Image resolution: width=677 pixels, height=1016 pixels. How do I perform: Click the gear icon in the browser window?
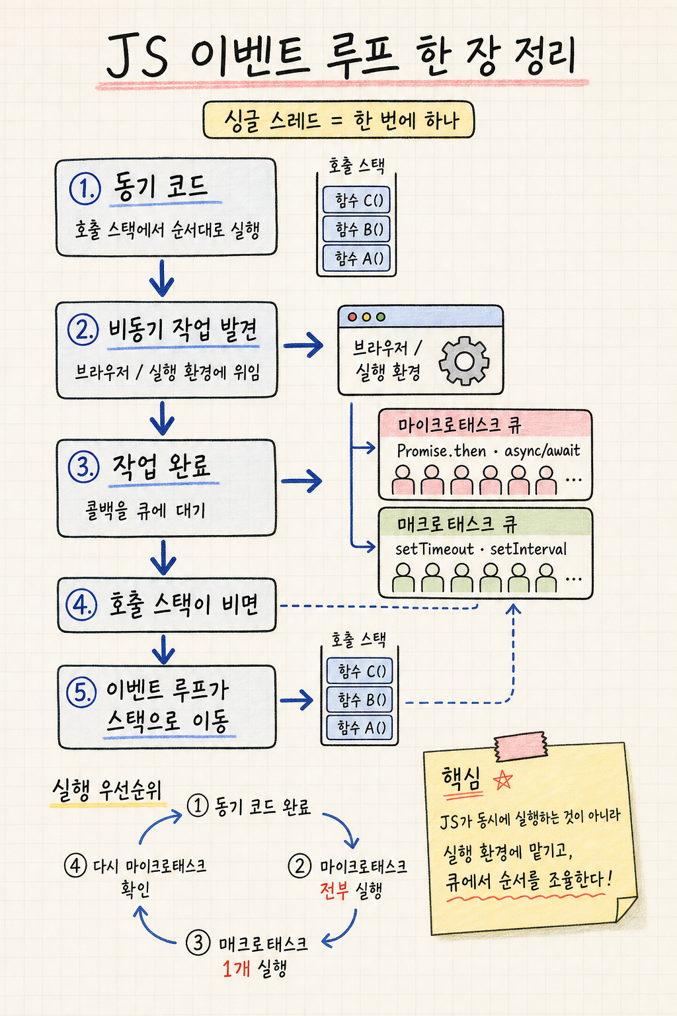pyautogui.click(x=464, y=361)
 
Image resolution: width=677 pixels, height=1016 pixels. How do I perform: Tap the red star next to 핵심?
pyautogui.click(x=502, y=781)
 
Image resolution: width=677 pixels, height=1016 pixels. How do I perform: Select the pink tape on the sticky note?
pyautogui.click(x=520, y=745)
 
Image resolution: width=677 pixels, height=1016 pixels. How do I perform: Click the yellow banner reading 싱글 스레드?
pyautogui.click(x=338, y=120)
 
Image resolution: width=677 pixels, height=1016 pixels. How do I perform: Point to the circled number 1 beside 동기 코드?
pyautogui.click(x=85, y=189)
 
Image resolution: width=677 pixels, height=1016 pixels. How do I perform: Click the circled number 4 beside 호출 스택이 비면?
pyautogui.click(x=81, y=605)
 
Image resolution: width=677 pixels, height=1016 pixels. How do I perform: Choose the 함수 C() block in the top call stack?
pyautogui.click(x=356, y=200)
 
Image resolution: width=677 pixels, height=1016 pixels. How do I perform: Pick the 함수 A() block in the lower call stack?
pyautogui.click(x=360, y=728)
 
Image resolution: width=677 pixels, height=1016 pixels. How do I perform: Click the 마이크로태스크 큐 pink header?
pyautogui.click(x=485, y=424)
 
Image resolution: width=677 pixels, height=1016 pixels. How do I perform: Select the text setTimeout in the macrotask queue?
pyautogui.click(x=434, y=549)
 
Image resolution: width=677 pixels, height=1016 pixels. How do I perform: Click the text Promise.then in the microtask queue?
pyautogui.click(x=441, y=451)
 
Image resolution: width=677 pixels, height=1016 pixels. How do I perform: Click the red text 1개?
pyautogui.click(x=236, y=969)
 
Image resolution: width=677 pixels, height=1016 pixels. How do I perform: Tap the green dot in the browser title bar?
pyautogui.click(x=381, y=317)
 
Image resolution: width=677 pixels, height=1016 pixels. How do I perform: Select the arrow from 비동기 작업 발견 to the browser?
pyautogui.click(x=303, y=345)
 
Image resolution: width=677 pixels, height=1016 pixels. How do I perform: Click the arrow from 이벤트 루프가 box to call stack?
pyautogui.click(x=297, y=700)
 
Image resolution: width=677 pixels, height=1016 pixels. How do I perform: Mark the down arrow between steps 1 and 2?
pyautogui.click(x=162, y=278)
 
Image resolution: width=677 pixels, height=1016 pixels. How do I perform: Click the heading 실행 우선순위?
pyautogui.click(x=107, y=791)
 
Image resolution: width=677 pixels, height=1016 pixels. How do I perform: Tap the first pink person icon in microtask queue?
pyautogui.click(x=403, y=480)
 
